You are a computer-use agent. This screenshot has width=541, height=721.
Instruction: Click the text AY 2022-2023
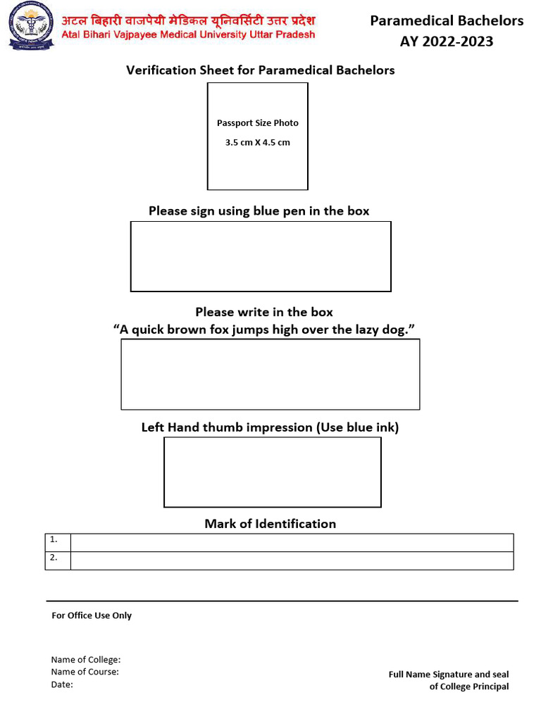(x=447, y=42)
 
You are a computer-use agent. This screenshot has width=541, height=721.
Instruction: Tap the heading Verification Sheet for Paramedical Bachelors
(x=260, y=70)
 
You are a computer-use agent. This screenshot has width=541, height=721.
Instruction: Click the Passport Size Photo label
(x=257, y=123)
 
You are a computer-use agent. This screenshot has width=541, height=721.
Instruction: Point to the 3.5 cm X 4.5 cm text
(x=257, y=142)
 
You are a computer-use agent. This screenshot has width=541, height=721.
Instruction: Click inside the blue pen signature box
(x=261, y=256)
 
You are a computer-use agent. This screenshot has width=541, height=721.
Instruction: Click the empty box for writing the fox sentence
(x=270, y=374)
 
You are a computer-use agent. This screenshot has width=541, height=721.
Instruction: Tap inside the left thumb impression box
(x=272, y=472)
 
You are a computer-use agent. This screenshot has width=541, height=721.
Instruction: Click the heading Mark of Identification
(x=270, y=524)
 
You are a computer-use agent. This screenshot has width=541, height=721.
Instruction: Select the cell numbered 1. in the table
(x=58, y=542)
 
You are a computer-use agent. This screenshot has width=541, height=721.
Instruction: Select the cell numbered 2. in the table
(x=58, y=560)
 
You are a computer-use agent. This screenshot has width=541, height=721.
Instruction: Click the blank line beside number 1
(x=292, y=542)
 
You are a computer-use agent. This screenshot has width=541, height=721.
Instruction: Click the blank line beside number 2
(x=292, y=560)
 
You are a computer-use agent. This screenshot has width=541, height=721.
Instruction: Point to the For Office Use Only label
(x=92, y=615)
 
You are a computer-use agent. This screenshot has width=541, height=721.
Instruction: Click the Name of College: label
(x=86, y=660)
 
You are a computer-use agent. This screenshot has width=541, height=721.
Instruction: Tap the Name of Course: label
(x=85, y=672)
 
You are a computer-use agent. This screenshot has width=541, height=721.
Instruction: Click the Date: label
(x=62, y=684)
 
